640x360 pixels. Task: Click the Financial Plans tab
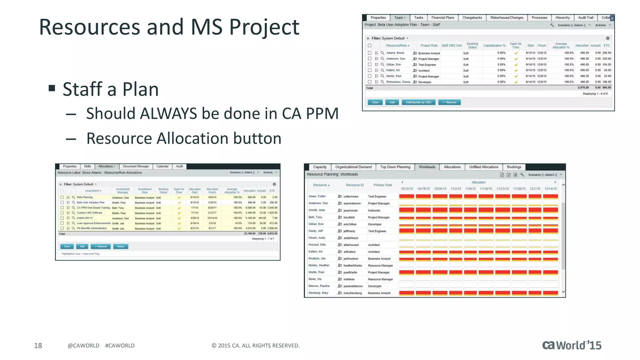tap(442, 18)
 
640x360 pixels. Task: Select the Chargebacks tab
tap(472, 18)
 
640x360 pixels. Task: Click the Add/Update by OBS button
tap(418, 102)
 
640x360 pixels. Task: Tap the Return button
tap(121, 247)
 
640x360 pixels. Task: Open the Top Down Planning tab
tap(395, 167)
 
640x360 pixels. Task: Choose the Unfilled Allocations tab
tap(483, 167)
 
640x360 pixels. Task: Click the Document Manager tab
tap(136, 167)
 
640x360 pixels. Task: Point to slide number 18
tap(38, 346)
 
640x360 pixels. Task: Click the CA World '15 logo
tap(572, 345)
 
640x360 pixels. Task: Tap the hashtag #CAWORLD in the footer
tap(120, 346)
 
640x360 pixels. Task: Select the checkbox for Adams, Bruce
tap(370, 53)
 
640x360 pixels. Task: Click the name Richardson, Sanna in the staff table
tap(398, 82)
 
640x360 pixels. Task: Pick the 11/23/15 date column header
tap(502, 189)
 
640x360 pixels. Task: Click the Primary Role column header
tap(382, 185)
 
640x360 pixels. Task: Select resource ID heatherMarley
tap(353, 266)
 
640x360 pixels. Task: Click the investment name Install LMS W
tap(85, 218)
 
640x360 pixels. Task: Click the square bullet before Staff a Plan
tap(52, 88)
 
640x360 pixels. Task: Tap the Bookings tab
tap(514, 167)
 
